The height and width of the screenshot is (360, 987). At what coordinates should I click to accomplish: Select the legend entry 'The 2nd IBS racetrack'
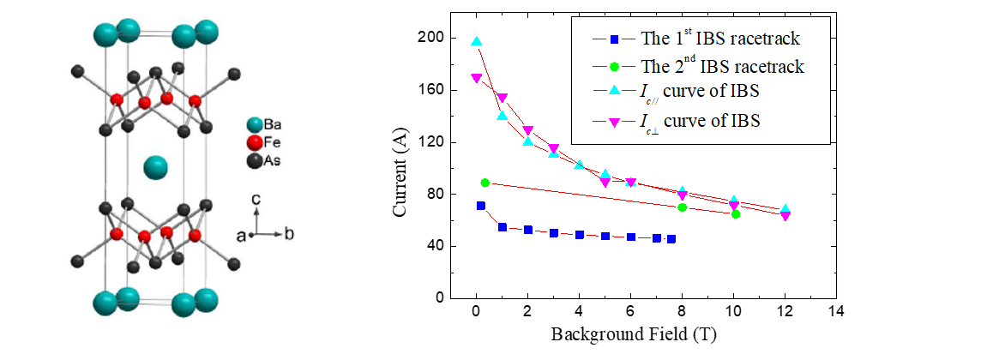coord(726,66)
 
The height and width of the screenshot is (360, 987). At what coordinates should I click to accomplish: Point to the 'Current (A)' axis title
coord(402,168)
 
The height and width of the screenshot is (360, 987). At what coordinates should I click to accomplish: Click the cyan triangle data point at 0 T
coord(477,41)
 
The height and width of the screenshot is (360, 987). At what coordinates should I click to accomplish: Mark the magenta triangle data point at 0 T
coord(477,78)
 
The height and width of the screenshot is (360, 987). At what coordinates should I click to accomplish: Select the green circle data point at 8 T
coord(683,207)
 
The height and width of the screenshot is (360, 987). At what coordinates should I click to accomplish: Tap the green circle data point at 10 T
coord(736,213)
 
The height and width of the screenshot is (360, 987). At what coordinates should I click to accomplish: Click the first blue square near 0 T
coord(481,206)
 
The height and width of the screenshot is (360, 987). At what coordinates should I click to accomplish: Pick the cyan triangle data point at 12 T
coord(785,209)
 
